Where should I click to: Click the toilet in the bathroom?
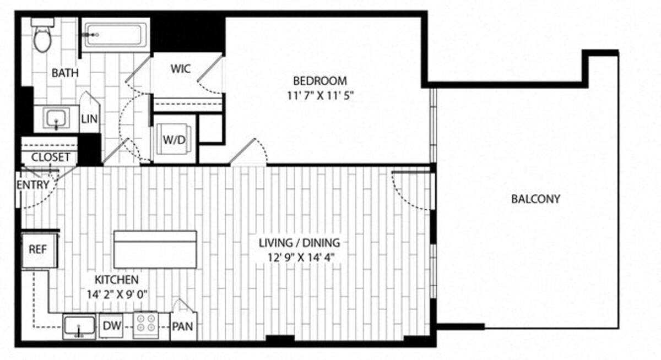coord(42,36)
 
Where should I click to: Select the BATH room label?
coord(66,73)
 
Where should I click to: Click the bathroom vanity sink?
coord(56,118)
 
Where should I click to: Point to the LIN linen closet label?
coord(89,119)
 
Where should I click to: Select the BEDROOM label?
coord(319,79)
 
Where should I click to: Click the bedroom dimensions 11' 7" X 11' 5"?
coord(319,94)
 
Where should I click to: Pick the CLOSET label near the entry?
coord(51,157)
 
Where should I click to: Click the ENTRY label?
coord(33,185)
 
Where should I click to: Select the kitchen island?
coord(155,249)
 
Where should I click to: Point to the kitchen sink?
coord(79,326)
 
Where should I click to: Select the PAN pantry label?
coord(183,326)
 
